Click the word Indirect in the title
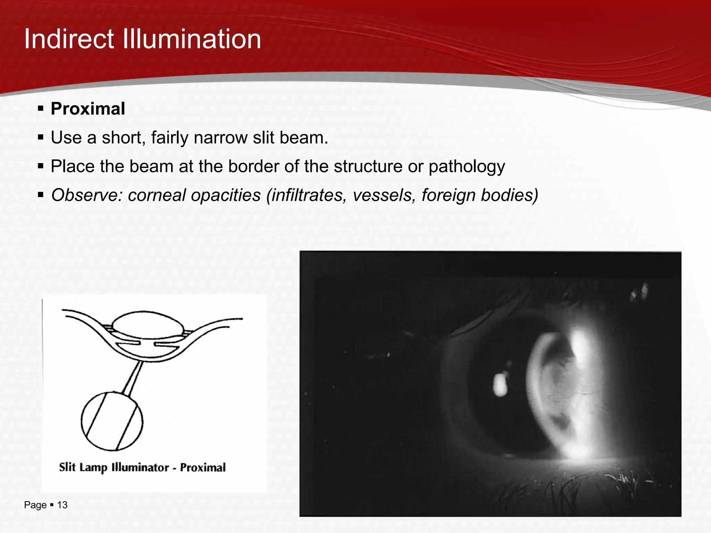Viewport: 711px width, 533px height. coord(69,39)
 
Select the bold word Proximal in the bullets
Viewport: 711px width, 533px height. coord(88,109)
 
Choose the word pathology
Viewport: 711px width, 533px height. coord(467,167)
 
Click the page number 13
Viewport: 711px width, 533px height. coord(62,505)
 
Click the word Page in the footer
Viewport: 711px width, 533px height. coord(35,505)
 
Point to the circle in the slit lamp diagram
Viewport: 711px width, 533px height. coord(112,421)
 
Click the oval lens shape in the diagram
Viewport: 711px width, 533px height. coord(148,324)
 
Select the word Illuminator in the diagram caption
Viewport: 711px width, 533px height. coord(140,467)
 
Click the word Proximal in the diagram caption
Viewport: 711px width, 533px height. coord(203,467)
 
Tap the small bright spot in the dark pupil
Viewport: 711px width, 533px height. coord(500,384)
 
